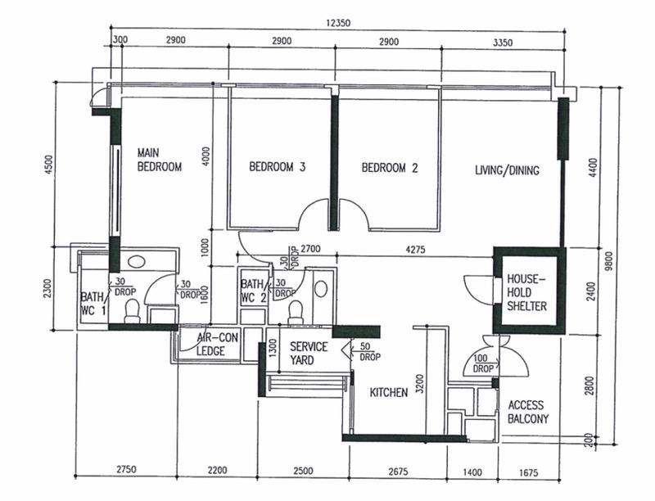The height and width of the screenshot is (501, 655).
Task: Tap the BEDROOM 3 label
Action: pos(278,168)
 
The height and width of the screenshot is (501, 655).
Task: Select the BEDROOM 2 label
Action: pos(390,169)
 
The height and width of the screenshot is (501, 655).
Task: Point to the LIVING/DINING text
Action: pos(507,171)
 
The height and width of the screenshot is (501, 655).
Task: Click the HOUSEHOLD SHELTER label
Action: pos(526,292)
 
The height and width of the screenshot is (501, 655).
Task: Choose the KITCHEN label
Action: pos(388,393)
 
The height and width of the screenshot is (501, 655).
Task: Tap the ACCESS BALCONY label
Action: pos(528,412)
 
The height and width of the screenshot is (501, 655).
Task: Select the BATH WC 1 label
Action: pos(93,304)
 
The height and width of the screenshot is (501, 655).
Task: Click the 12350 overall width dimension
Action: pos(337,24)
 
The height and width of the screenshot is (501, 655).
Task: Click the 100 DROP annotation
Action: pos(483,364)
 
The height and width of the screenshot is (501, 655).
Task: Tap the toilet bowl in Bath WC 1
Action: pos(132,309)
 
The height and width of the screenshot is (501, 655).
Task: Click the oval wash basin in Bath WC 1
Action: pos(137,262)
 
